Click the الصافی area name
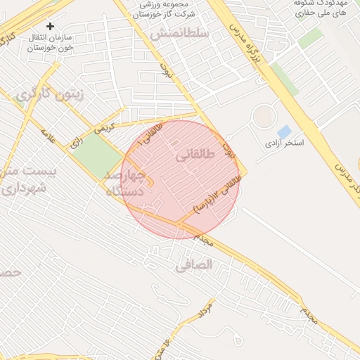pos(193,265)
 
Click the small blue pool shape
pos(284,131)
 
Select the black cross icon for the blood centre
pos(50,27)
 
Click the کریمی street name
pos(103,129)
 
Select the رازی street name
pos(75,143)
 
